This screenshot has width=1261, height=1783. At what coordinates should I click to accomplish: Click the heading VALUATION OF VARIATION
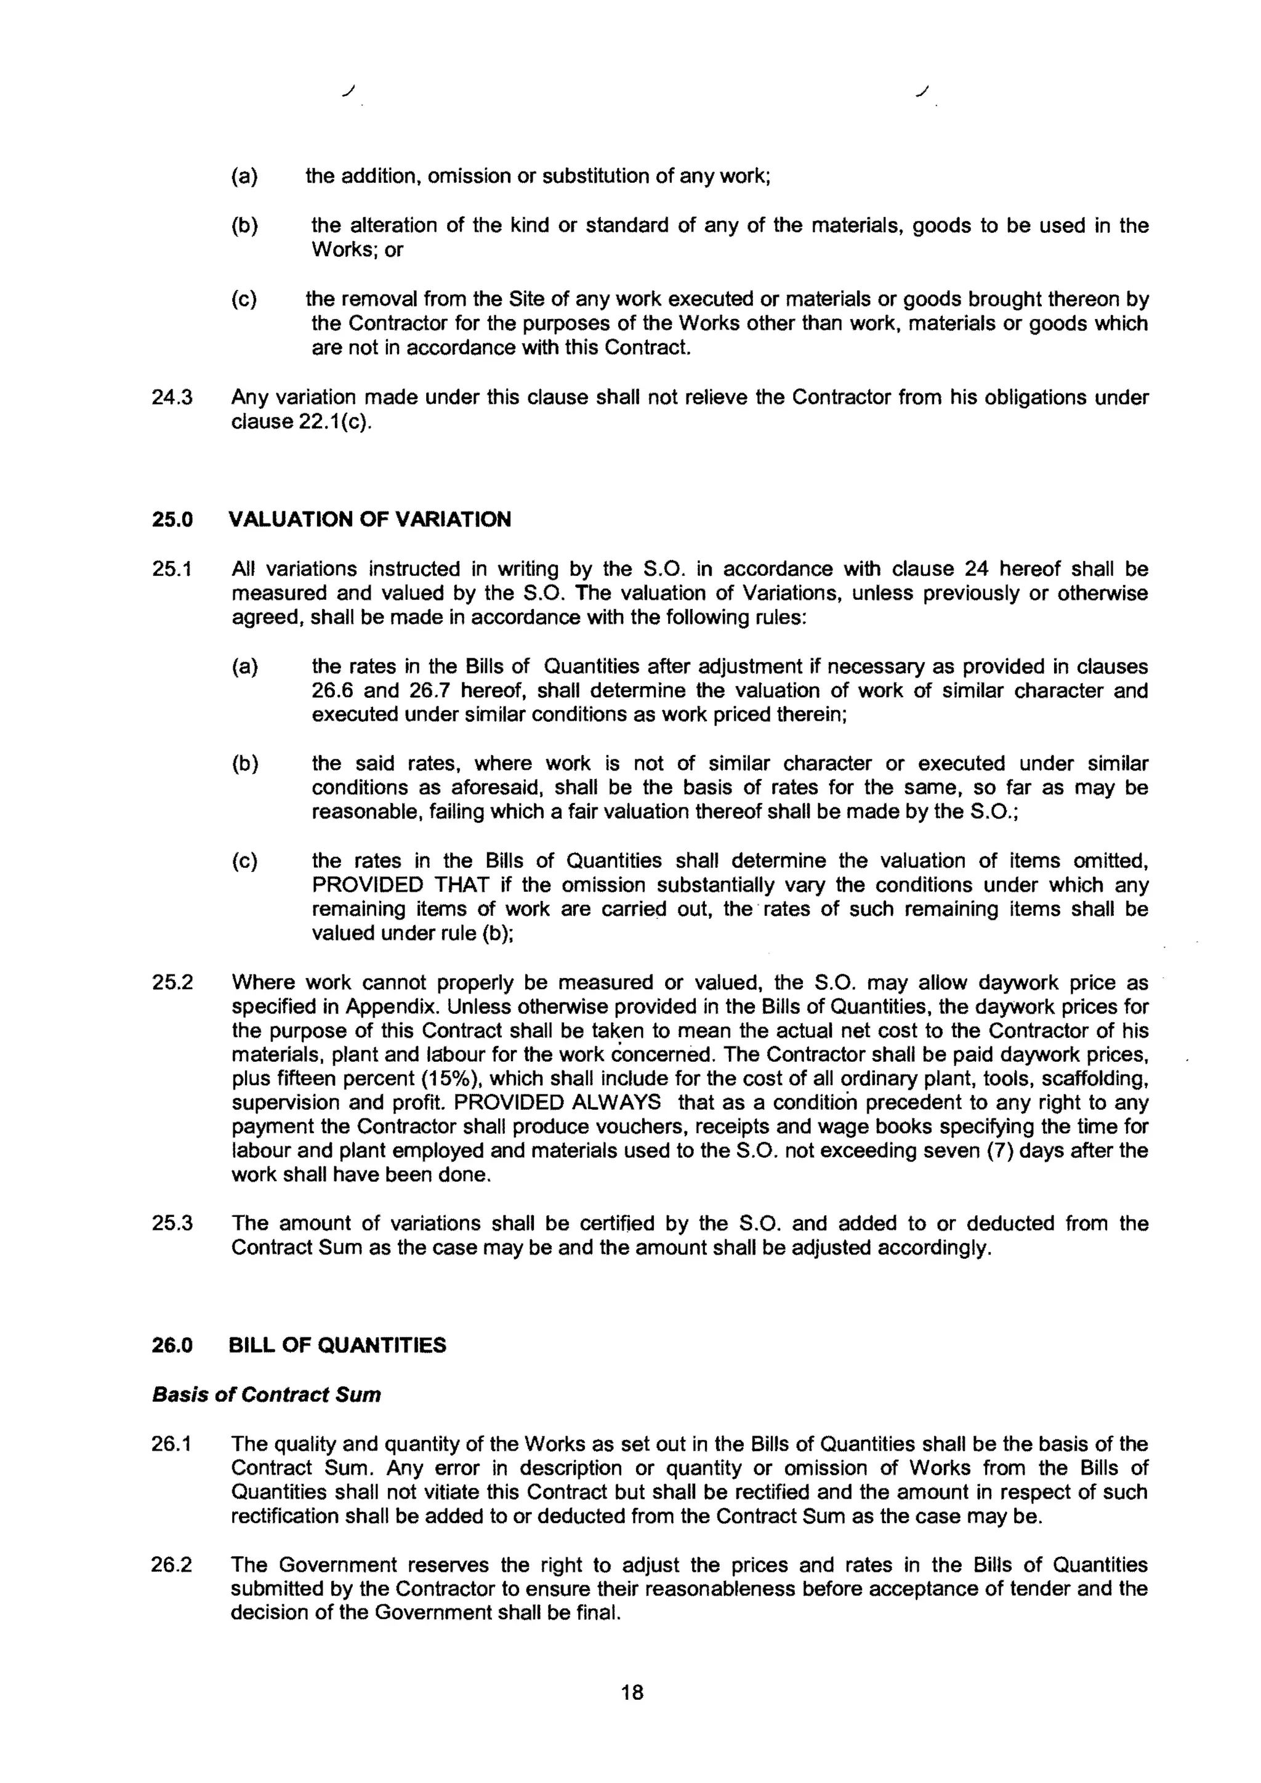point(371,520)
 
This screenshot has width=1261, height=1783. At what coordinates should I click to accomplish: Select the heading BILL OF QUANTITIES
point(338,1345)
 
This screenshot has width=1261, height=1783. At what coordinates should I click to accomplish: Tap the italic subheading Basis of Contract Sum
point(267,1395)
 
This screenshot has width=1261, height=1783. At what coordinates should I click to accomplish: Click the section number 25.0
point(172,520)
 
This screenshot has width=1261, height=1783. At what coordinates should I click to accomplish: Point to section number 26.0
point(172,1345)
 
